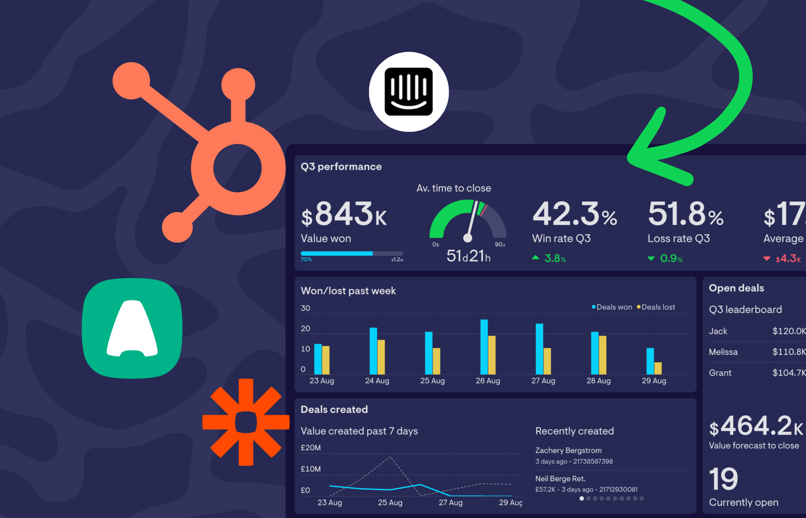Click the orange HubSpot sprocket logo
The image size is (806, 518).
pyautogui.click(x=226, y=161)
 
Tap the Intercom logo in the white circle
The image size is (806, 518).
pyautogui.click(x=409, y=92)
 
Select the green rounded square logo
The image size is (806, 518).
pyautogui.click(x=132, y=328)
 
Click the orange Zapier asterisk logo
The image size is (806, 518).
pyautogui.click(x=246, y=422)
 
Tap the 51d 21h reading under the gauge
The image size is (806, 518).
pyautogui.click(x=468, y=256)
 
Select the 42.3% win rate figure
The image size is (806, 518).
pyautogui.click(x=574, y=214)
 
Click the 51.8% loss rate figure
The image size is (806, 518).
pyautogui.click(x=685, y=214)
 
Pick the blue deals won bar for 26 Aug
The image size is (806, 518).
pyautogui.click(x=484, y=347)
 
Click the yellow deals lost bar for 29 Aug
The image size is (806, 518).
pyautogui.click(x=658, y=368)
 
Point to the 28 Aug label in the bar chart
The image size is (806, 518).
pyautogui.click(x=598, y=381)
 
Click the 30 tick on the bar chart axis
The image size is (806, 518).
pyautogui.click(x=305, y=308)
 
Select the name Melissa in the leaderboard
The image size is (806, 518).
pyautogui.click(x=723, y=352)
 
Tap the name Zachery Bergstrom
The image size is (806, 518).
pyautogui.click(x=568, y=450)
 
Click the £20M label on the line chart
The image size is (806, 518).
pyautogui.click(x=311, y=448)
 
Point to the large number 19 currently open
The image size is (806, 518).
pyautogui.click(x=723, y=479)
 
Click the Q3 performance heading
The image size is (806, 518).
pyautogui.click(x=341, y=167)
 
